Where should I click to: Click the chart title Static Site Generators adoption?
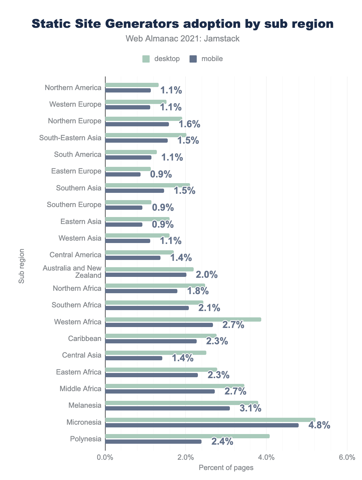[x=183, y=24]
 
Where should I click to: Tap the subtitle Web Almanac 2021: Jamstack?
[x=183, y=39]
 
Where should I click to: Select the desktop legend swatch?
[x=146, y=59]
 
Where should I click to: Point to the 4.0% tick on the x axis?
[x=266, y=457]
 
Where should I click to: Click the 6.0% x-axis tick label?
[x=347, y=457]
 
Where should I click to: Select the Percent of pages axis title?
[x=226, y=468]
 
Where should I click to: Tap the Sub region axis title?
[x=21, y=266]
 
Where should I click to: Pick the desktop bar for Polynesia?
[x=187, y=436]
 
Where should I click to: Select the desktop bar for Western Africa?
[x=183, y=319]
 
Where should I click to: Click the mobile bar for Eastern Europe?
[x=123, y=174]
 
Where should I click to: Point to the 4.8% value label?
[x=319, y=426]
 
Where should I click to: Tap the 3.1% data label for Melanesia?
[x=250, y=409]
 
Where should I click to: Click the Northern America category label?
[x=73, y=88]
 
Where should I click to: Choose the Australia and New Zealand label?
[x=72, y=271]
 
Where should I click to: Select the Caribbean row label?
[x=85, y=339]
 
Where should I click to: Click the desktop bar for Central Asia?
[x=156, y=353]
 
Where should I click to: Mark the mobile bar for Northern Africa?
[x=141, y=291]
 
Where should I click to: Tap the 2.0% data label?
[x=207, y=275]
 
